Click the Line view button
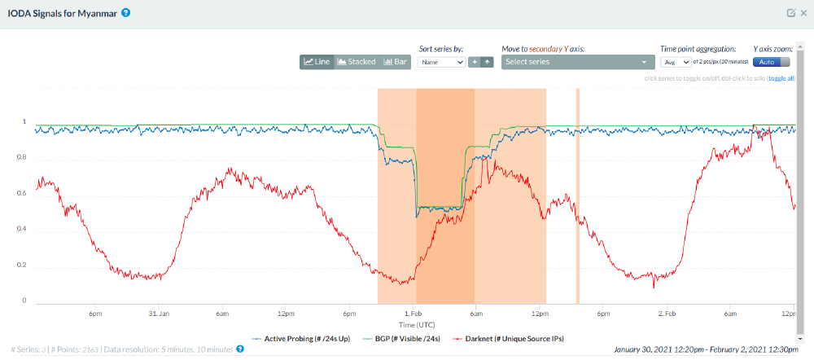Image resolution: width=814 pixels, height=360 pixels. point(316,62)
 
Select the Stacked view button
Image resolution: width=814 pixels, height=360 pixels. point(357,62)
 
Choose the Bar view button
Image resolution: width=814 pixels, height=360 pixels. point(396,62)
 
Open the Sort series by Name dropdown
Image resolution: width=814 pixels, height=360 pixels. point(441,62)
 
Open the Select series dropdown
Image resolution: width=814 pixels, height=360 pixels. point(578,62)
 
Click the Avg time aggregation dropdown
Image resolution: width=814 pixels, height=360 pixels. point(676,62)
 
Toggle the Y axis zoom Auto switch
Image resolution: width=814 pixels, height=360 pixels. point(772,62)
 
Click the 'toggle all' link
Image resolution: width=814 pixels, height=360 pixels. point(781,79)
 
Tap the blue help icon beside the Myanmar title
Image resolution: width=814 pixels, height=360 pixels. point(126,13)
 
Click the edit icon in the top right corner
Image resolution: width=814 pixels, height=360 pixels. point(790,13)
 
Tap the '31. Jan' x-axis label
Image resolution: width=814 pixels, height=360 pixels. point(159,313)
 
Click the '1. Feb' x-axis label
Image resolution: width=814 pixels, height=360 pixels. point(414,313)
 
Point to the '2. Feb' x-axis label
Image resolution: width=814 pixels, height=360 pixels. point(667,313)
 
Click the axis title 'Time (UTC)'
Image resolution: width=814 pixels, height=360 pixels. point(414,323)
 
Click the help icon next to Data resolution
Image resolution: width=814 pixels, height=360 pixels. point(240,349)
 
